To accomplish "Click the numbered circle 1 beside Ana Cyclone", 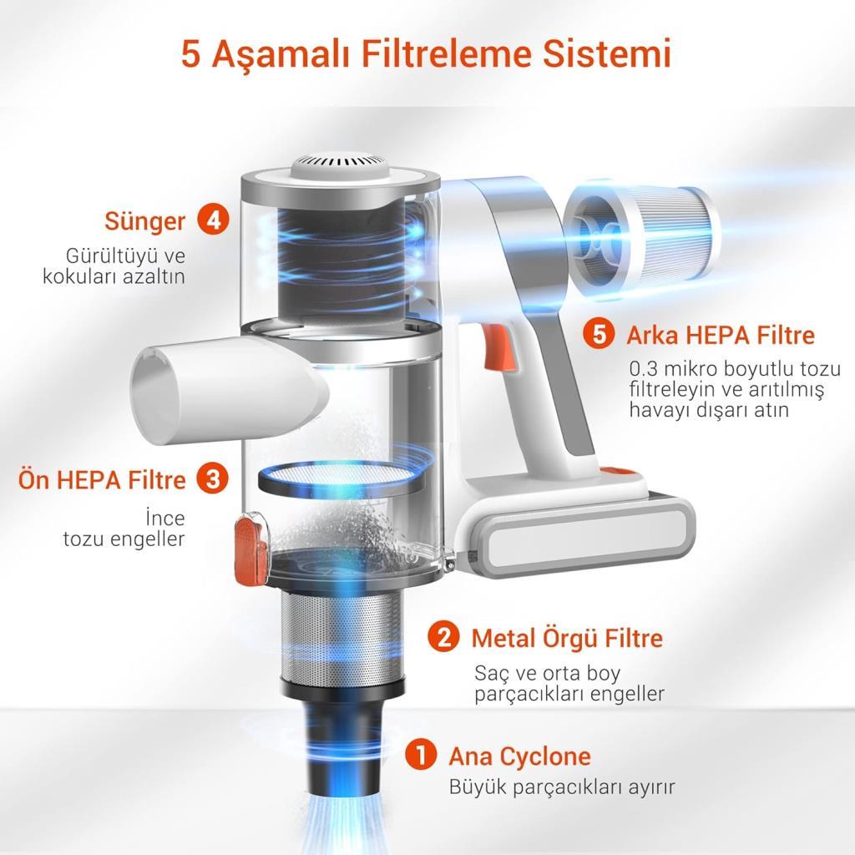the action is tap(421, 755).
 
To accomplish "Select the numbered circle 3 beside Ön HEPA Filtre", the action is tap(213, 478).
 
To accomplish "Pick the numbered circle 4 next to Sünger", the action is tap(213, 220).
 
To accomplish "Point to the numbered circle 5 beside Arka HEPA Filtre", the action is tap(599, 333).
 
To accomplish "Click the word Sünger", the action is tap(144, 221).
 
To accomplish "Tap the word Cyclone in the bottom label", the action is tap(545, 756).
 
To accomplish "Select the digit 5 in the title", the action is tap(190, 54).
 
